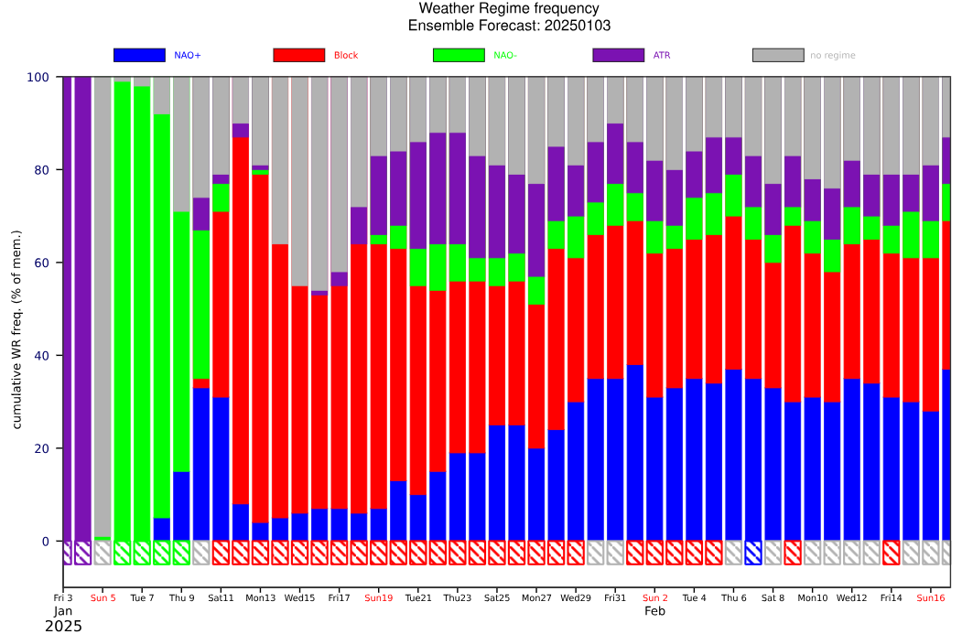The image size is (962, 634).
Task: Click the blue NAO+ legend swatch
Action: (139, 55)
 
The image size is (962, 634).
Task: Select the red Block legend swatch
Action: (298, 55)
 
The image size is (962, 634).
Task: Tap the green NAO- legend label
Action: (505, 55)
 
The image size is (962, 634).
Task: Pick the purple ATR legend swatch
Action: (619, 55)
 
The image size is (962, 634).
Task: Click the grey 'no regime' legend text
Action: (833, 55)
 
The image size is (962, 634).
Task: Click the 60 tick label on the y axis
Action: (42, 263)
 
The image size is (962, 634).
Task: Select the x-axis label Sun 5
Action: (103, 597)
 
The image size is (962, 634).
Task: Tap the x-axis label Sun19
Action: (379, 597)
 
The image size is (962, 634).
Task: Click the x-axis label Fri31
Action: (615, 597)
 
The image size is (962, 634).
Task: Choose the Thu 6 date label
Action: (734, 597)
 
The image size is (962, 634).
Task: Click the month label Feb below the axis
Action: (654, 611)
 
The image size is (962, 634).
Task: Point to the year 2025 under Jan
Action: (63, 626)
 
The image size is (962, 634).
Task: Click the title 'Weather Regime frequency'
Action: (509, 8)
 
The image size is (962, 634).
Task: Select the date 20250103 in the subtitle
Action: (577, 26)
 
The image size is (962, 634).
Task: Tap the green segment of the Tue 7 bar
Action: (142, 314)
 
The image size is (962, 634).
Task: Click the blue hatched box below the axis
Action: (752, 553)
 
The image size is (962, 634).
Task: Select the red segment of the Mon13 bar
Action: (260, 349)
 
